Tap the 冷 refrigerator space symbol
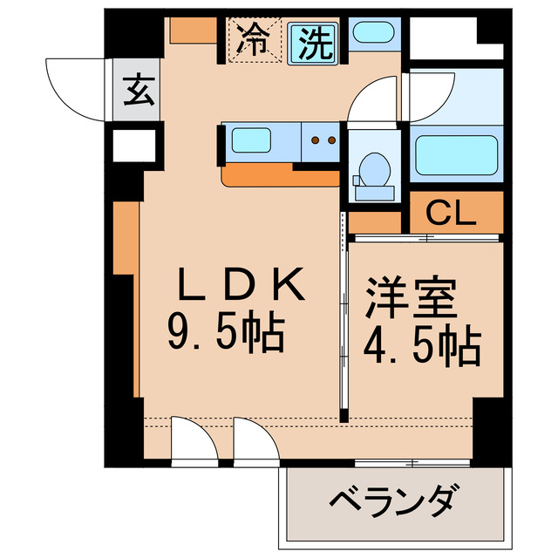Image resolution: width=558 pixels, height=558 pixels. click(254, 40)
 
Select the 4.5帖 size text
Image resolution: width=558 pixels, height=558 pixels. click(421, 347)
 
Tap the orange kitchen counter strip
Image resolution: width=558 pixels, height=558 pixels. click(279, 178)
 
